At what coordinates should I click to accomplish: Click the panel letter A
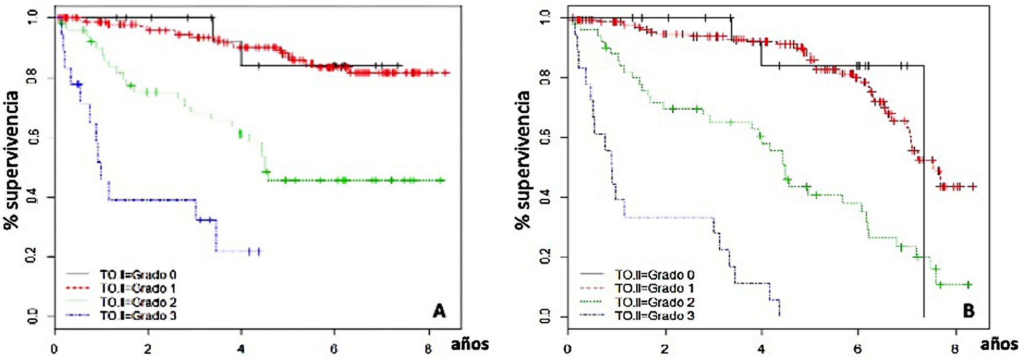tap(439, 311)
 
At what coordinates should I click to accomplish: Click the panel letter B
tap(968, 311)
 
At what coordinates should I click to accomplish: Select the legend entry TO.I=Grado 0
tap(138, 275)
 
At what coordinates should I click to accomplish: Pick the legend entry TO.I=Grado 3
tap(138, 315)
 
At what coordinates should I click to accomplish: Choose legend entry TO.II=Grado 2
tap(654, 302)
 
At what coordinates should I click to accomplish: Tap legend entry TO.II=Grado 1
tap(654, 288)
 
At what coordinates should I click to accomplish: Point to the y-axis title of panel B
tap(522, 160)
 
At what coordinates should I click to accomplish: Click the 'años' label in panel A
tap(470, 344)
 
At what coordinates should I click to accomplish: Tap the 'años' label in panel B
tap(999, 344)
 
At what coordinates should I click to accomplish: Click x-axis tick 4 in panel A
tap(241, 349)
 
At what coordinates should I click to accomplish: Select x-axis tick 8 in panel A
tap(428, 349)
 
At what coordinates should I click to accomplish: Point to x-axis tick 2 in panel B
tap(664, 349)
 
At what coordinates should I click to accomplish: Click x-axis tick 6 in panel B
tap(857, 349)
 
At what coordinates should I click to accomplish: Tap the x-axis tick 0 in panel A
tap(54, 349)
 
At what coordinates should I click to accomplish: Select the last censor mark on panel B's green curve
tap(968, 285)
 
